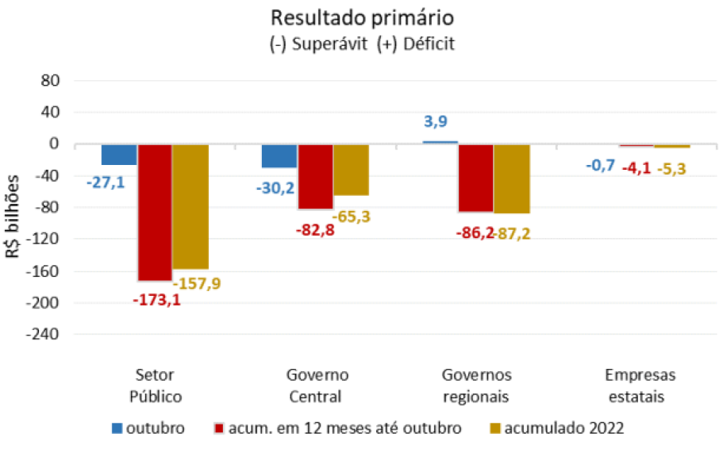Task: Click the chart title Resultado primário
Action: [362, 17]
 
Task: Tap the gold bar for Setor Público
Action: [190, 206]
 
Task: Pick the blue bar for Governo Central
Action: [279, 156]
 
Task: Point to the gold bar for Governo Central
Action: [351, 170]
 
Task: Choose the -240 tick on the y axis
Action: [45, 335]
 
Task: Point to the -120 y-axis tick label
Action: [45, 240]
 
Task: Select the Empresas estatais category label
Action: [637, 386]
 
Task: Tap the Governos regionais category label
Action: [476, 386]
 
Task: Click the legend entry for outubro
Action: [148, 428]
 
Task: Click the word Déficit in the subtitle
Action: [428, 44]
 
